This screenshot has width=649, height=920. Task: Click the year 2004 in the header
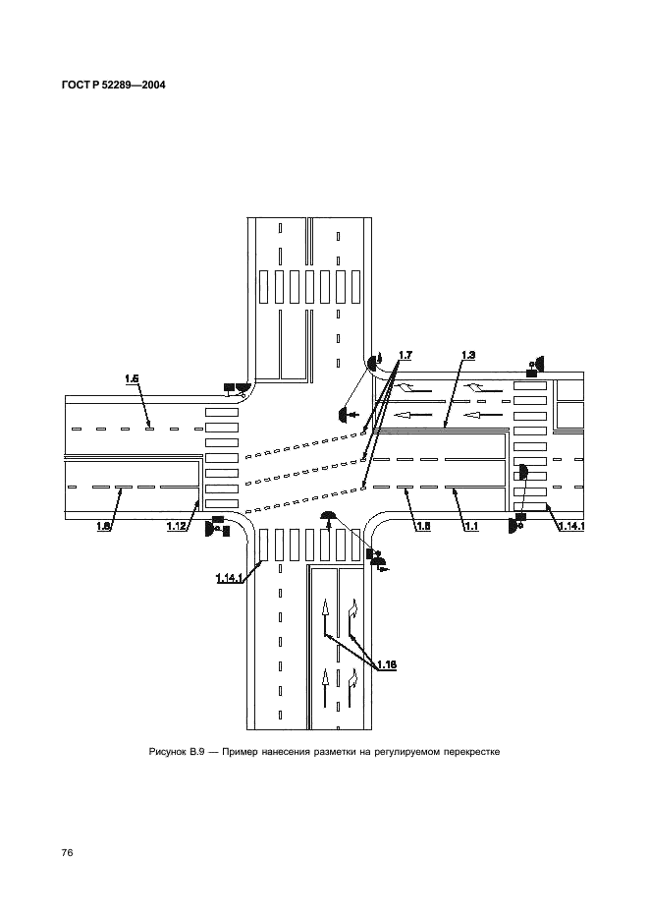pyautogui.click(x=152, y=85)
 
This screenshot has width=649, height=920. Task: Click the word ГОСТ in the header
pyautogui.click(x=75, y=85)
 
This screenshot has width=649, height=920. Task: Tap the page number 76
pyautogui.click(x=67, y=852)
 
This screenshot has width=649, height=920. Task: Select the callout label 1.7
pyautogui.click(x=406, y=355)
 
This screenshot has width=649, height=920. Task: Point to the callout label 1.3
pyautogui.click(x=467, y=355)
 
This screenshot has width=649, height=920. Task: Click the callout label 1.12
pyautogui.click(x=176, y=526)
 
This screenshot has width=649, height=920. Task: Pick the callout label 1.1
pyautogui.click(x=470, y=526)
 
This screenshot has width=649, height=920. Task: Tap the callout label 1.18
pyautogui.click(x=387, y=664)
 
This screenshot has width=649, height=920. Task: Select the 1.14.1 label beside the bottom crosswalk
pyautogui.click(x=229, y=579)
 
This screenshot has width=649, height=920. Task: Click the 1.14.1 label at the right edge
pyautogui.click(x=571, y=526)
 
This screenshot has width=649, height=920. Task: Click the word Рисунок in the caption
pyautogui.click(x=168, y=752)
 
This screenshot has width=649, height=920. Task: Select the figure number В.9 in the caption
pyautogui.click(x=196, y=752)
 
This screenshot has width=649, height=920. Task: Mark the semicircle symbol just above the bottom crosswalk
pyautogui.click(x=329, y=516)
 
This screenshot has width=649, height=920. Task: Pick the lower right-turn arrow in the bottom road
pyautogui.click(x=352, y=688)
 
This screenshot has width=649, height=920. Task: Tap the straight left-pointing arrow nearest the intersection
pyautogui.click(x=409, y=415)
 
